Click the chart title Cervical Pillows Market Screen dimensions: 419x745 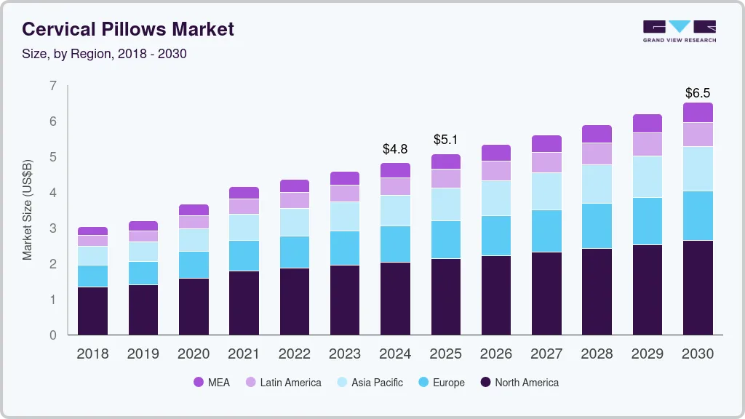tap(128, 29)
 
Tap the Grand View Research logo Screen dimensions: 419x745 tap(679, 31)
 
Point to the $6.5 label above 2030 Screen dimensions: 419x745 tap(698, 93)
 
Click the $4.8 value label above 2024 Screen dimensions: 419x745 tap(395, 149)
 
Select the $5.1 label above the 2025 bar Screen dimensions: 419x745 tap(446, 140)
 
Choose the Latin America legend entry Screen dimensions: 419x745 tap(283, 383)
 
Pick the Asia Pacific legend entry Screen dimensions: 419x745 tap(369, 383)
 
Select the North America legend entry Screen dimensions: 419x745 tap(519, 383)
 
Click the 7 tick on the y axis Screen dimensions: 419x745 tap(53, 86)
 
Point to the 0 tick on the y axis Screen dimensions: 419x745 tap(53, 335)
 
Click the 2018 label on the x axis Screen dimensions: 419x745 tap(92, 354)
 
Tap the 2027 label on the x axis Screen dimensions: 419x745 tap(546, 354)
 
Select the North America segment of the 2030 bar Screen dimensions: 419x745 tap(698, 287)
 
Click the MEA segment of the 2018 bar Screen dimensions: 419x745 tap(92, 231)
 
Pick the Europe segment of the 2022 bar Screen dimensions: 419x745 tap(295, 252)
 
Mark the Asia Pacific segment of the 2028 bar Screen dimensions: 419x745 tap(597, 184)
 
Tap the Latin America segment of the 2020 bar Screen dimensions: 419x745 tap(194, 222)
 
